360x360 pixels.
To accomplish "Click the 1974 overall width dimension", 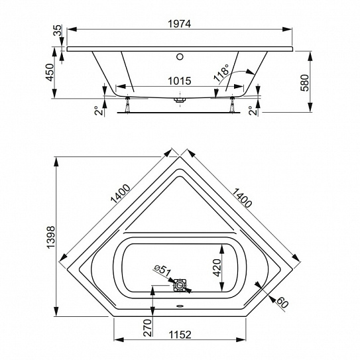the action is pyautogui.click(x=179, y=24).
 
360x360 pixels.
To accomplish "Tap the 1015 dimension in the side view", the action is pyautogui.click(x=179, y=81).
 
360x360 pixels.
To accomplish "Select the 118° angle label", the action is pyautogui.click(x=221, y=72).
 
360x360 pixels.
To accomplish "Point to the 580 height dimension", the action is pyautogui.click(x=305, y=83).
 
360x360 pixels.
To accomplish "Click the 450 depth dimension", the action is pyautogui.click(x=50, y=72).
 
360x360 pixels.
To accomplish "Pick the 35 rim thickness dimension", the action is pyautogui.click(x=58, y=30).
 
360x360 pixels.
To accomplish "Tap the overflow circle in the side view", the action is pyautogui.click(x=180, y=56).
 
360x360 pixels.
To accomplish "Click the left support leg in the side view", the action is pyautogui.click(x=127, y=105).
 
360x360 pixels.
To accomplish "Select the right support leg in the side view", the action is pyautogui.click(x=232, y=105).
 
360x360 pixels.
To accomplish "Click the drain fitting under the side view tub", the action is pyautogui.click(x=180, y=100).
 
